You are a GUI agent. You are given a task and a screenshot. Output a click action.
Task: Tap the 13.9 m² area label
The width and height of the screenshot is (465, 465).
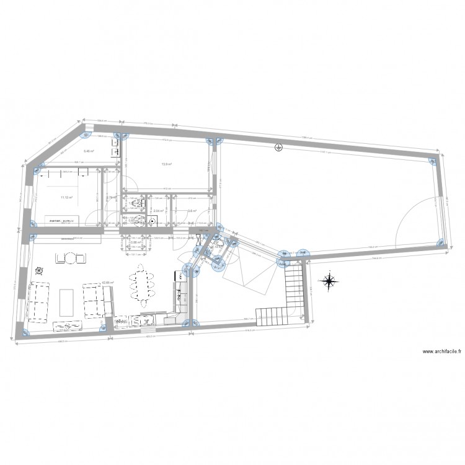166,164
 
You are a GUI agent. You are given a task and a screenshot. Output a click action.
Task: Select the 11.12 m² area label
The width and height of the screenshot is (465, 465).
66,198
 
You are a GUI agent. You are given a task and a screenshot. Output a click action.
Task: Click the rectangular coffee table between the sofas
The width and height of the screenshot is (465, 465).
67,301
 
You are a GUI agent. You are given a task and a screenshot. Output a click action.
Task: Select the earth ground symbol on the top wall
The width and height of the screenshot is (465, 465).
278,148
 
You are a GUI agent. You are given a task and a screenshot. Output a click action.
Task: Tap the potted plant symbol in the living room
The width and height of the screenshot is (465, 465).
39,270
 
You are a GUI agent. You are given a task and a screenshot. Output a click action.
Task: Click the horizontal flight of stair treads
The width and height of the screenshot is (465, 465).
277,316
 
